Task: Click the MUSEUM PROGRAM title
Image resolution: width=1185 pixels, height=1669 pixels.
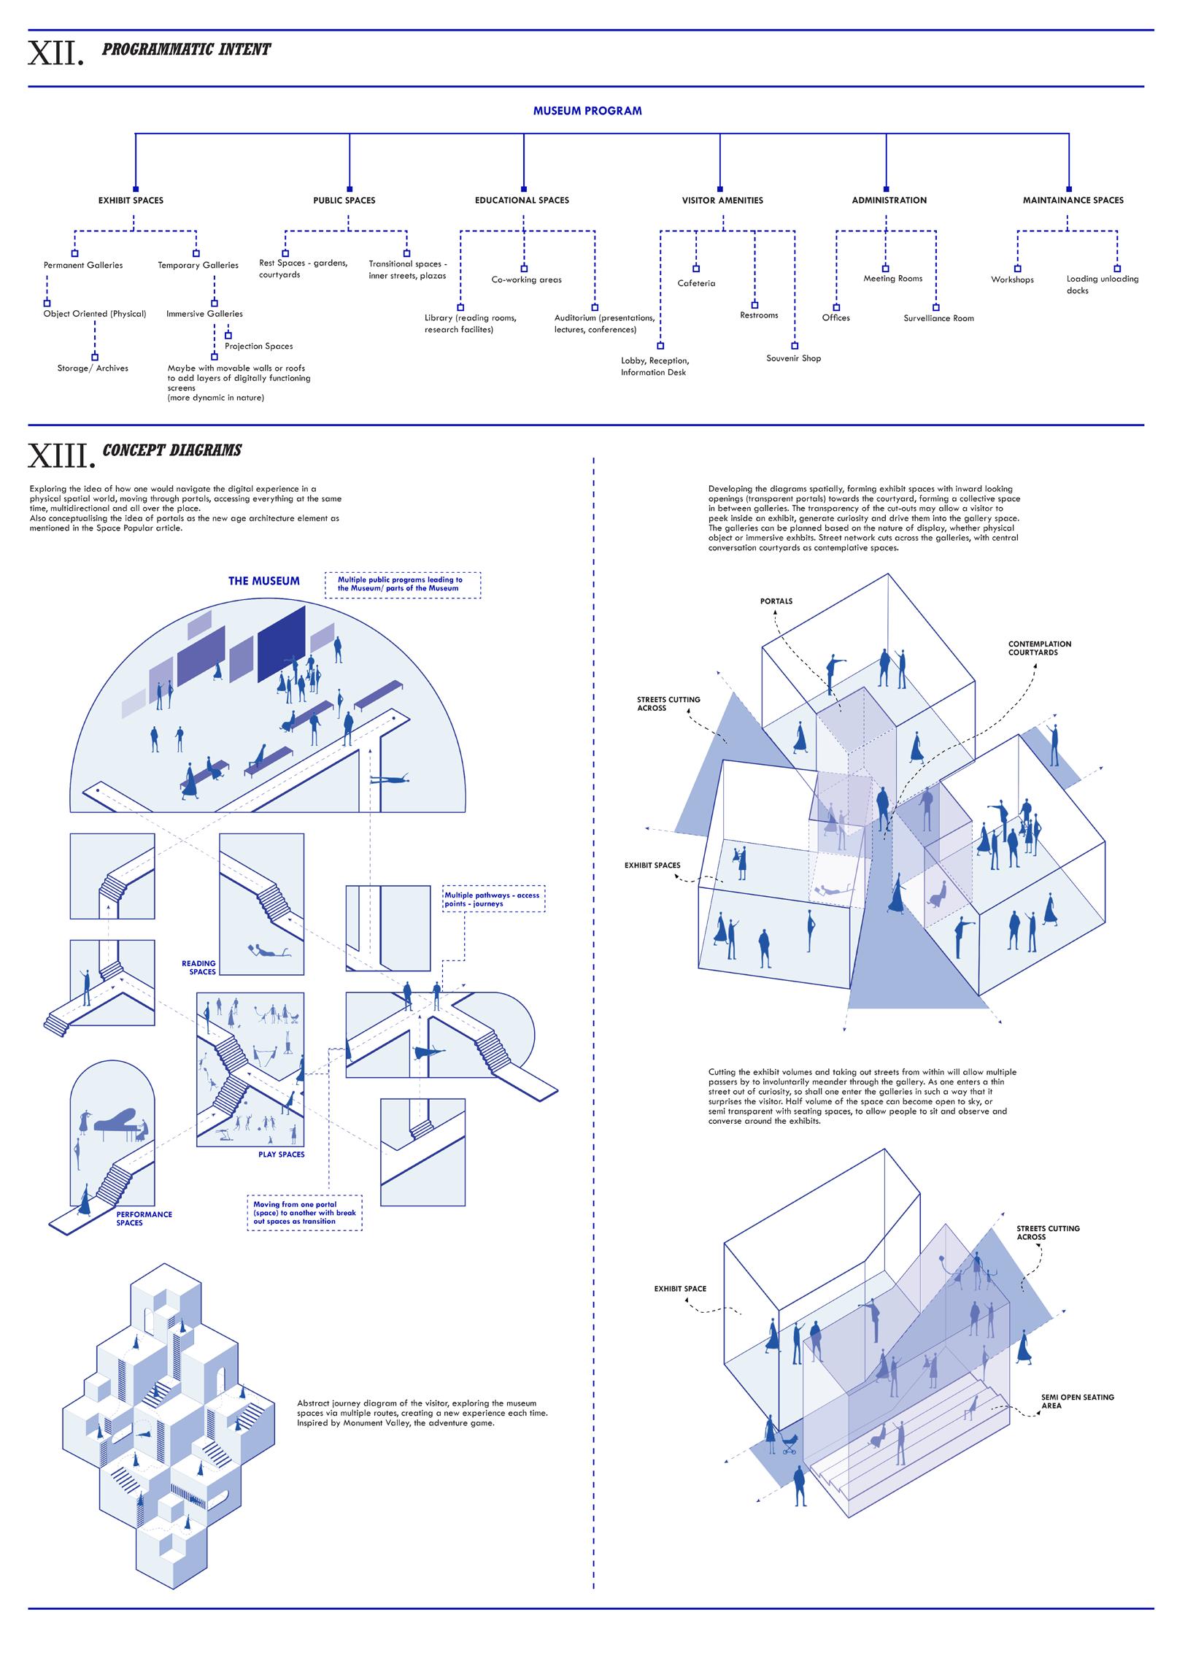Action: click(x=587, y=111)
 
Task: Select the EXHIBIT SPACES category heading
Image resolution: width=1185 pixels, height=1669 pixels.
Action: click(x=131, y=200)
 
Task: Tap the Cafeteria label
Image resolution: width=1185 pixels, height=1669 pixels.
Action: click(x=696, y=283)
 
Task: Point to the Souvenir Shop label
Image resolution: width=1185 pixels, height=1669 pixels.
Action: click(x=793, y=358)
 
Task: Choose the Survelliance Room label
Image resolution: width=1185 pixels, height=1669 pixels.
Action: click(x=938, y=318)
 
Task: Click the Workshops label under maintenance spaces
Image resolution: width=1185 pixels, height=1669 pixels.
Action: click(x=1012, y=280)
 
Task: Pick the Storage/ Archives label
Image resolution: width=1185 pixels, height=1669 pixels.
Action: click(x=93, y=369)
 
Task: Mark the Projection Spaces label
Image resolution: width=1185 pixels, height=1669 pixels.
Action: click(x=258, y=346)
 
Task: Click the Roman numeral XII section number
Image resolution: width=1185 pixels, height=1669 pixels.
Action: click(x=55, y=53)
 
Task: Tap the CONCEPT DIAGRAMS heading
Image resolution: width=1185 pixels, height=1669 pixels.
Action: click(x=172, y=450)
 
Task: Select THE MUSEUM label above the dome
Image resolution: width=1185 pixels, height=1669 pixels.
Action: click(x=263, y=581)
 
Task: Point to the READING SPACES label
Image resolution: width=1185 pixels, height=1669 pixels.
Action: click(x=198, y=967)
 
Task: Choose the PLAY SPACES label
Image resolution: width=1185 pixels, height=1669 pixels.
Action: click(x=281, y=1155)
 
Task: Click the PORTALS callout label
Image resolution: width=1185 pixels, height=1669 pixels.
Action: click(x=776, y=601)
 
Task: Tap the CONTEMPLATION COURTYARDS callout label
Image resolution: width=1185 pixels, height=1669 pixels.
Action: click(x=1039, y=648)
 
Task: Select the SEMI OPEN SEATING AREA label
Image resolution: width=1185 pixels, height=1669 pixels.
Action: click(x=1077, y=1401)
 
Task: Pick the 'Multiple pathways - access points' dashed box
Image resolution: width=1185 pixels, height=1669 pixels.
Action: click(x=494, y=899)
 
